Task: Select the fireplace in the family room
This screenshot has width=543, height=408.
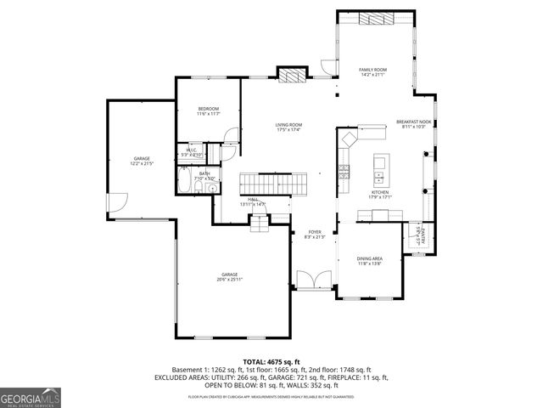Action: coord(375,19)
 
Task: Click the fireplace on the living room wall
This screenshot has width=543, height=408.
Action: coord(292,75)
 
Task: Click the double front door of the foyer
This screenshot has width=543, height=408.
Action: coord(310,281)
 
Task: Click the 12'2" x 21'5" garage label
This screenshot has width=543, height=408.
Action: coord(142,161)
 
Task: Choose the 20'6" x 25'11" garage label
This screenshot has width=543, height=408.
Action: coord(229,277)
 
